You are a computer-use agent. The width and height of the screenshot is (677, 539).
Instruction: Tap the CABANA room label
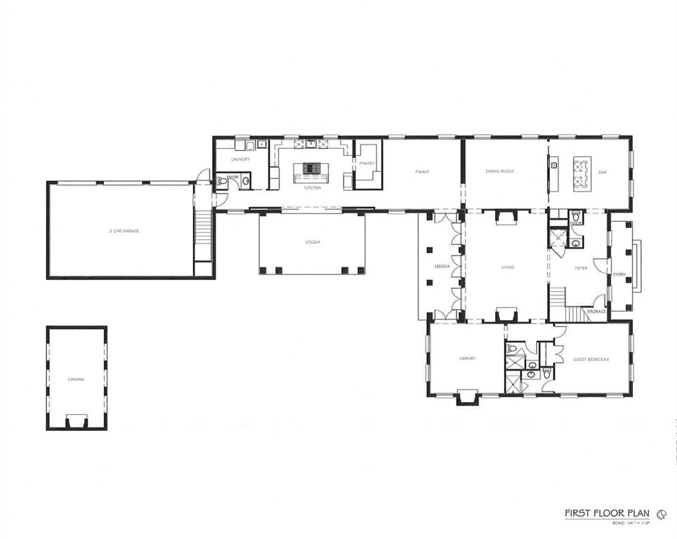(x=76, y=380)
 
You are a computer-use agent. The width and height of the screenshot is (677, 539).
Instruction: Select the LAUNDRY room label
(x=240, y=159)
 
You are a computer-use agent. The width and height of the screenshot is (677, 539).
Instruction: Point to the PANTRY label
(x=367, y=164)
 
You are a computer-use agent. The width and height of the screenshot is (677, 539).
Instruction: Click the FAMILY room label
(x=422, y=171)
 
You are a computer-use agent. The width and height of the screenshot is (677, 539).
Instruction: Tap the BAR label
(x=602, y=171)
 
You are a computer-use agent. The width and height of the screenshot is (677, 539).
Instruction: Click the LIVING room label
(x=508, y=267)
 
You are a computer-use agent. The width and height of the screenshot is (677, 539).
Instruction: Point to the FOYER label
(x=581, y=268)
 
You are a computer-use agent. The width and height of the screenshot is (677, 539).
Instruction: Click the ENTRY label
(x=619, y=274)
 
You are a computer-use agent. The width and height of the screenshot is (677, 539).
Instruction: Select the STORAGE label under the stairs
(x=596, y=310)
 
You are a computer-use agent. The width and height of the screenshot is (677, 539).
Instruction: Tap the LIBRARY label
(x=467, y=359)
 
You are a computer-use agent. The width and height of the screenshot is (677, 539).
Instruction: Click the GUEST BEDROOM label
(x=591, y=359)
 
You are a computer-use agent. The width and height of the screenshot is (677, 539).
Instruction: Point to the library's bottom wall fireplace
(x=466, y=398)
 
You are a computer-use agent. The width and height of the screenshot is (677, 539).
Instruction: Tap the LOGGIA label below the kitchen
(x=313, y=242)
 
